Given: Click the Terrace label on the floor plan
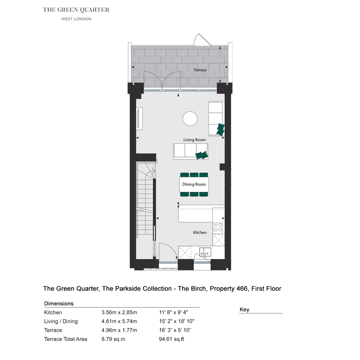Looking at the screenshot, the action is point(200,70).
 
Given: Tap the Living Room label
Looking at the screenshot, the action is point(194,140).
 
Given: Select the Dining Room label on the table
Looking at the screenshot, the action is point(194,184).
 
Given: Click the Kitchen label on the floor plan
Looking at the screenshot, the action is point(200,232).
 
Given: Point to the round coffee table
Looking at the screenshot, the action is point(190,119).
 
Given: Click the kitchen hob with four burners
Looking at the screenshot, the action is point(218,228).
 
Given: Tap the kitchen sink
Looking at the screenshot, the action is point(205,252).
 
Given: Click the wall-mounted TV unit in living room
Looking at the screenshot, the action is point(139,119).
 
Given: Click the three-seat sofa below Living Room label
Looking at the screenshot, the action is point(191,151).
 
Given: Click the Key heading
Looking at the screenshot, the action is point(244,310).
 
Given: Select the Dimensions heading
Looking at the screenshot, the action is point(59,303).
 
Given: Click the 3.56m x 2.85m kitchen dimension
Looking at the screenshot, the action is point(119,312).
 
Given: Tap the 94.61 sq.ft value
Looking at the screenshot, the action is point(171,339).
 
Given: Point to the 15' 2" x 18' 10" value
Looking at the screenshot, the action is point(177,321).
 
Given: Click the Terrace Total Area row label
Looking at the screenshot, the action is point(66,339).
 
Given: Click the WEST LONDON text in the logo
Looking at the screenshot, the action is point(76,19).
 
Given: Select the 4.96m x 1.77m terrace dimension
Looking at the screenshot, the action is point(119,330).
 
